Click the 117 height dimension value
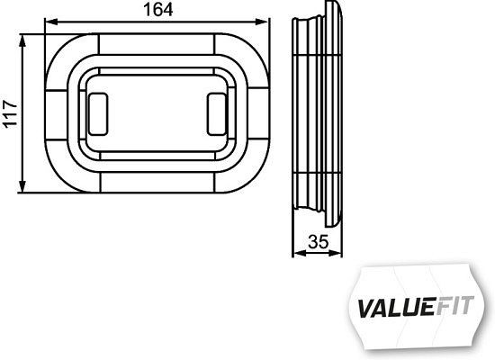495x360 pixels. (x=11, y=113)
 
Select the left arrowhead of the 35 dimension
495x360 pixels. (x=296, y=252)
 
